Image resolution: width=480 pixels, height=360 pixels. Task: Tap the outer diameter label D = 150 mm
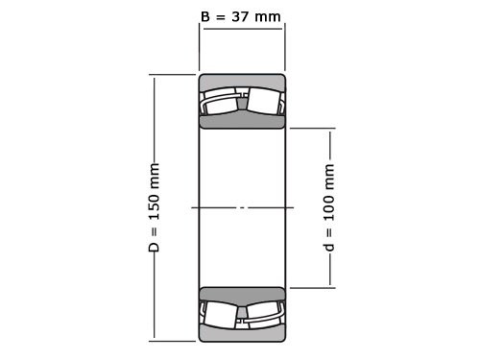(x=154, y=207)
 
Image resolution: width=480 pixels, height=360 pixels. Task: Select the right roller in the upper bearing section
(x=264, y=102)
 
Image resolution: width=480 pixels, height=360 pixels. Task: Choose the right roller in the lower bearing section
(x=264, y=314)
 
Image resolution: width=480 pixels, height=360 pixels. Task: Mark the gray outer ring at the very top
(x=242, y=81)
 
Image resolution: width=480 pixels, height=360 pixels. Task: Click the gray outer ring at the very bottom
(x=242, y=334)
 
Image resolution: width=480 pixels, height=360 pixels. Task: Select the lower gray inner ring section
(x=242, y=295)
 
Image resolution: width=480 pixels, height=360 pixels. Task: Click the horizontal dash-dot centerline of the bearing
(x=242, y=207)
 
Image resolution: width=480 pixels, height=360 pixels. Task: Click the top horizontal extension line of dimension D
(x=173, y=75)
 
